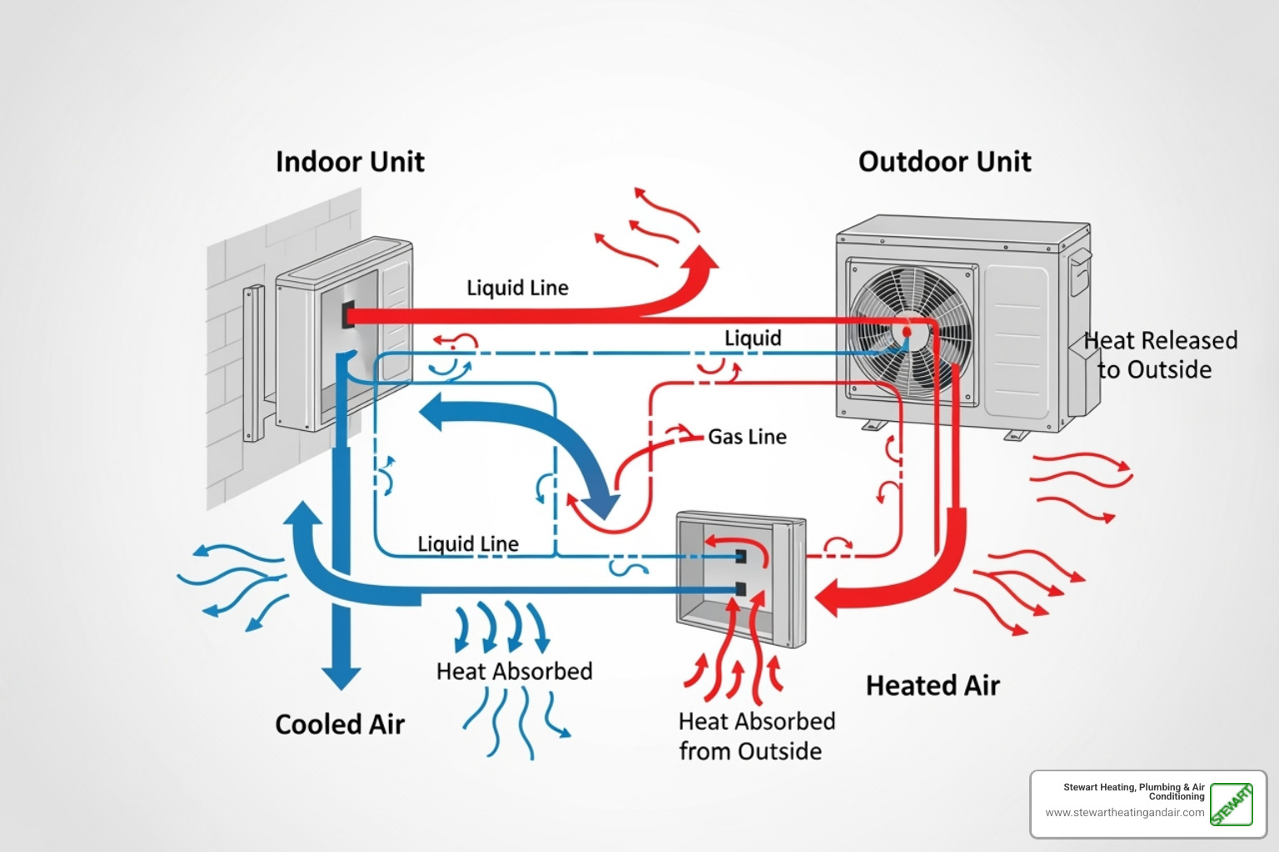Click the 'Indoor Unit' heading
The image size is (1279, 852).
pos(350,161)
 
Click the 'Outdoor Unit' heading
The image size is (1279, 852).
pos(944,161)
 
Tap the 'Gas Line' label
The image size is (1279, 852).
pos(747,437)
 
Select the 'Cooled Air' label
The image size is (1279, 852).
pos(340,725)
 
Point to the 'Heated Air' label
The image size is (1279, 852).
pos(933,686)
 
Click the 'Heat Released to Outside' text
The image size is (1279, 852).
pos(1159,354)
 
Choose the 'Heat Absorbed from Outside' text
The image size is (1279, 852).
pos(756,736)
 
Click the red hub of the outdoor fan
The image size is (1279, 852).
pos(906,331)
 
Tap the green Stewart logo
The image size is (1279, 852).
pos(1231,805)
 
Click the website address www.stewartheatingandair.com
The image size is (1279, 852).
pos(1124,813)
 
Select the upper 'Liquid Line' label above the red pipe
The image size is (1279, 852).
pos(517,288)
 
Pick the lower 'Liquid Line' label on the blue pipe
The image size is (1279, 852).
pos(468,544)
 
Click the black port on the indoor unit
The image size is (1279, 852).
pos(348,315)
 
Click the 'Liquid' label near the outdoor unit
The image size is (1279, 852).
pos(753,338)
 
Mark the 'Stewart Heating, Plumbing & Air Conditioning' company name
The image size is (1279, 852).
pos(1133,791)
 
